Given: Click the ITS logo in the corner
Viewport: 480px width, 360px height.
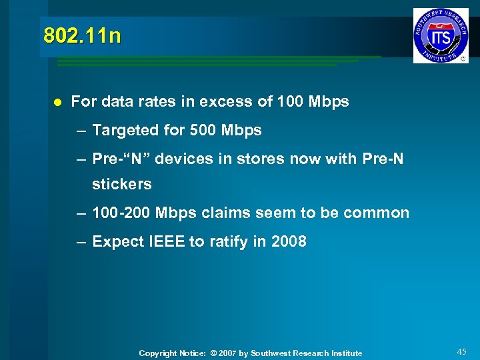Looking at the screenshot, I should tap(441, 35).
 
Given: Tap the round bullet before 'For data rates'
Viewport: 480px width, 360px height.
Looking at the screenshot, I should tap(57, 103).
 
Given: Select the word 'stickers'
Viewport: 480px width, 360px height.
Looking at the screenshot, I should tap(122, 184).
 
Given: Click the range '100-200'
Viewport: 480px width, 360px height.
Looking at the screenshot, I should tap(121, 213).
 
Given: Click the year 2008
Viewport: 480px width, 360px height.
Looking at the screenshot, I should tap(289, 242).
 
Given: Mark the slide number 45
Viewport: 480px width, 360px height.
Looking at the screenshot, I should tap(462, 351).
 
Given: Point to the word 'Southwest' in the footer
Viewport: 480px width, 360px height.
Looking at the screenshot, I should tap(273, 353).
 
